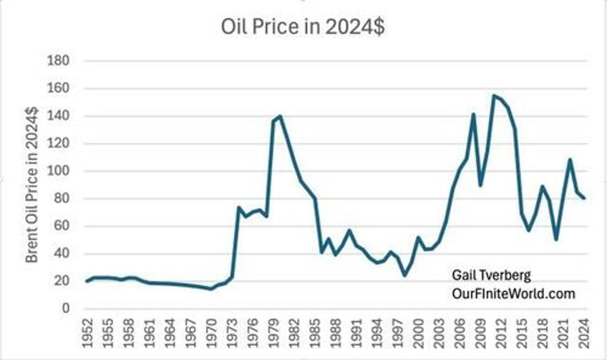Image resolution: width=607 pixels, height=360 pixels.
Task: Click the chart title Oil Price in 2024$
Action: (x=303, y=27)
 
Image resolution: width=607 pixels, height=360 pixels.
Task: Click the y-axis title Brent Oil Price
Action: (x=32, y=185)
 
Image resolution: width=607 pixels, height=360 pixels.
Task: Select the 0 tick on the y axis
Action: (x=64, y=308)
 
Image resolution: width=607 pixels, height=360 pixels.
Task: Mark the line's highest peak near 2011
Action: (x=494, y=95)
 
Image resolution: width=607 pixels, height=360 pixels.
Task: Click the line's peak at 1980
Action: (x=280, y=116)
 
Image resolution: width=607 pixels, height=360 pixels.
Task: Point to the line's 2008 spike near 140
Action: (x=473, y=114)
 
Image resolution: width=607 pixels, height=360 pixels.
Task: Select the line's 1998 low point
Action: (x=404, y=275)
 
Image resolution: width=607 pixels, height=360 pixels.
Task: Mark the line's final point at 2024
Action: (x=584, y=198)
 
